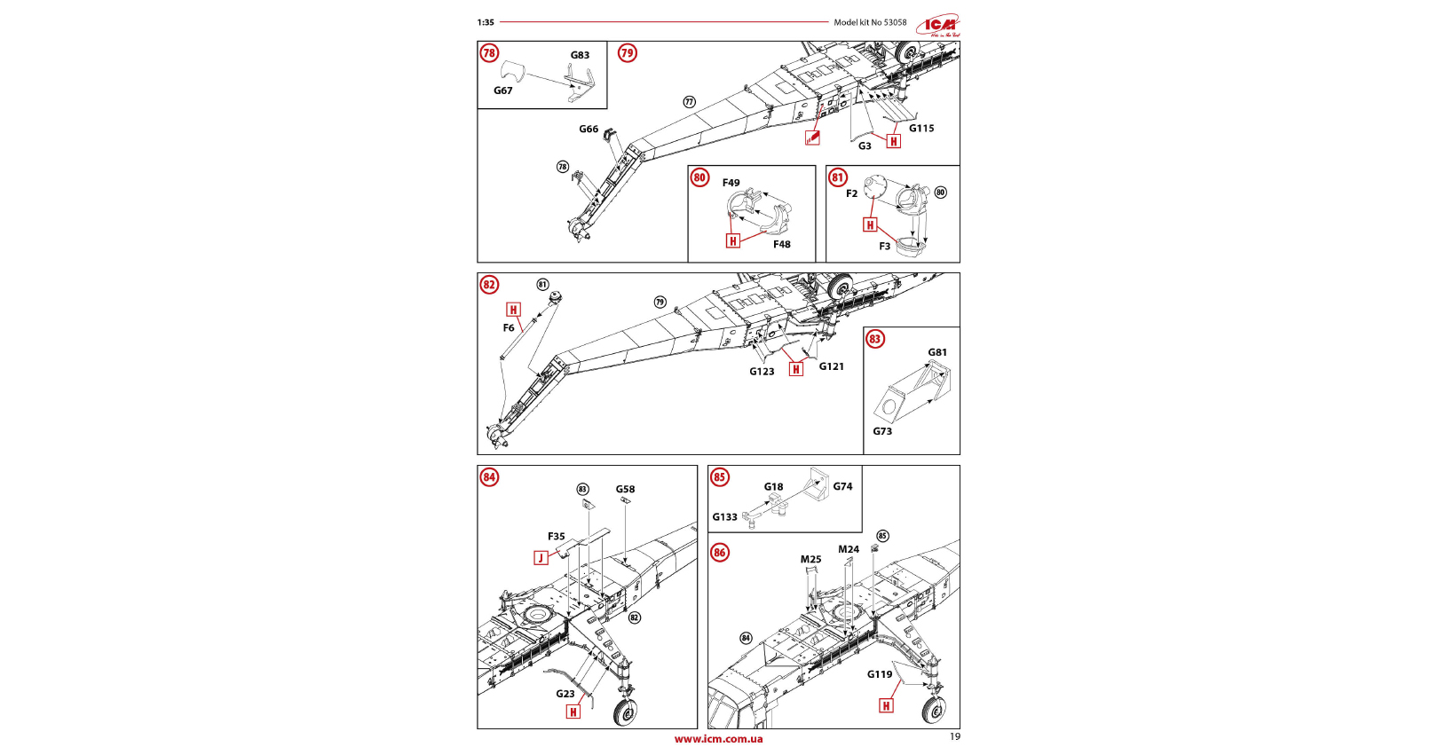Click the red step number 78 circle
(x=489, y=53)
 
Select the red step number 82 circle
(x=489, y=285)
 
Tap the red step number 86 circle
(x=719, y=553)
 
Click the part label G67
(x=503, y=90)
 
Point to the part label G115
(x=921, y=129)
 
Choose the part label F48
(x=781, y=245)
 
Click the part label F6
(x=509, y=328)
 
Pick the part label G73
(x=882, y=431)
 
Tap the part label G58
(x=626, y=490)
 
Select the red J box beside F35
(x=541, y=558)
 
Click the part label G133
(x=724, y=517)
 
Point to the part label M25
(x=810, y=560)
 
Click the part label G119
(x=880, y=674)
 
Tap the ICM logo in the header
(x=939, y=25)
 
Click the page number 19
(x=955, y=736)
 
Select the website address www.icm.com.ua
(x=718, y=739)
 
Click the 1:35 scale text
(x=486, y=23)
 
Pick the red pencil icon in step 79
(x=812, y=138)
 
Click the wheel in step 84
(x=626, y=712)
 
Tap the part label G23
(x=565, y=694)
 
